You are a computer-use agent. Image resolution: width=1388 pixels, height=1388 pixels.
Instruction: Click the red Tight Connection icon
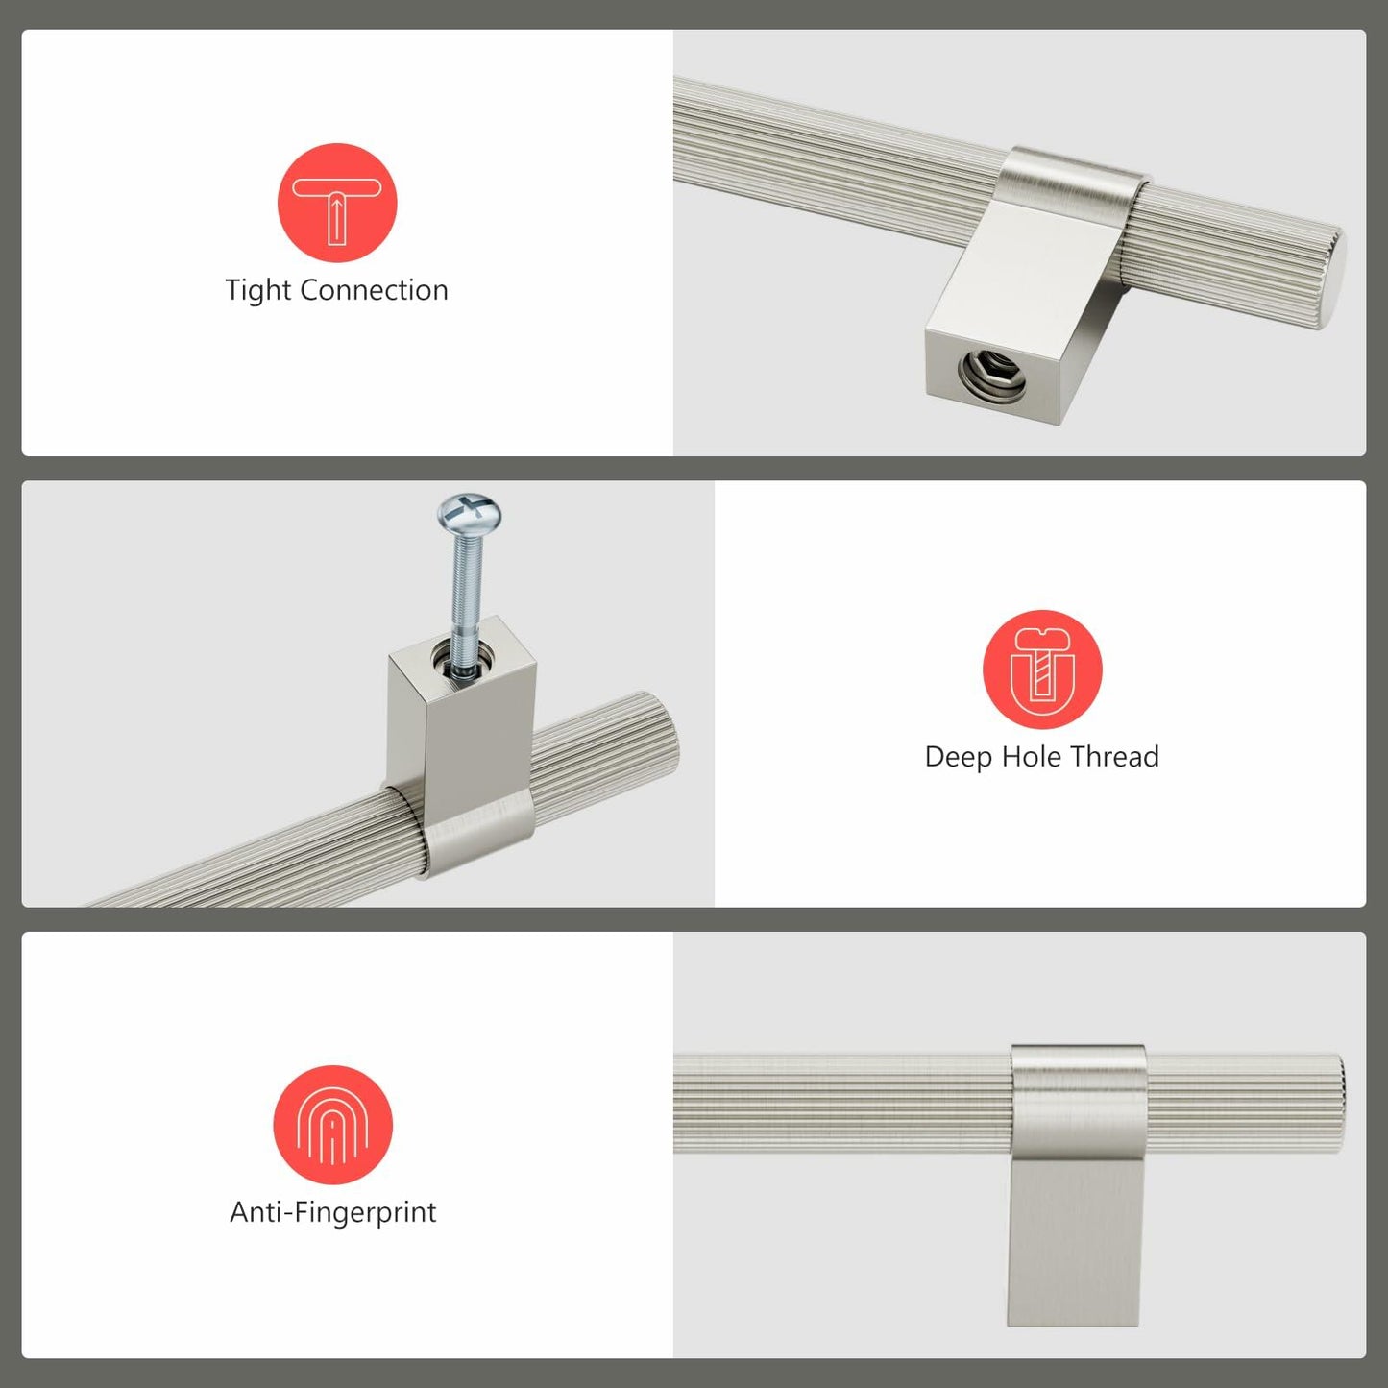point(337,203)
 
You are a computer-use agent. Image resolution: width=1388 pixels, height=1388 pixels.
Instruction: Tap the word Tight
point(257,290)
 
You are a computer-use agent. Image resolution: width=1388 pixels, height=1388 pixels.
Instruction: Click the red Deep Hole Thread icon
point(1042,670)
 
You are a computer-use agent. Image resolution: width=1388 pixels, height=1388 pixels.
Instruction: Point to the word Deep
point(959,757)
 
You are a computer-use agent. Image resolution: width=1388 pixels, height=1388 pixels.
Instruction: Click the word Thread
point(1115,757)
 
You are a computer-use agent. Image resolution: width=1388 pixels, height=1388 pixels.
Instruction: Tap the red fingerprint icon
point(332,1125)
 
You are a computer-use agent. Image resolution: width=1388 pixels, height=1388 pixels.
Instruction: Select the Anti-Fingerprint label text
point(332,1212)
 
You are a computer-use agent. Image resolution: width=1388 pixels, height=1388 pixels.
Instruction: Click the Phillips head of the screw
point(469,510)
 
